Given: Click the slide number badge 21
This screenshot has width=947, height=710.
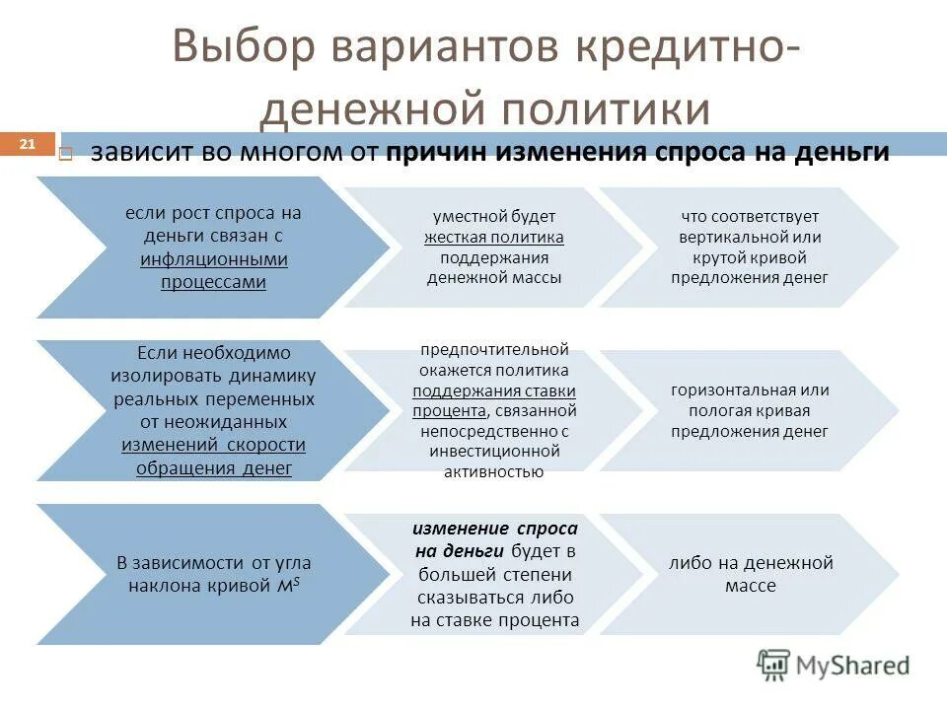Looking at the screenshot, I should (27, 145).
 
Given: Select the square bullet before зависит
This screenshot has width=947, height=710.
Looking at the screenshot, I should (66, 154).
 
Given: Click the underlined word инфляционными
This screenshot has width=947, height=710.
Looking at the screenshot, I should (214, 259).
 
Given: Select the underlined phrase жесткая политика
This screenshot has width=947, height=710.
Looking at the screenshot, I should (494, 237).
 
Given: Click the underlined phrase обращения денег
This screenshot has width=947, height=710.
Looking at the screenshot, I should (214, 467).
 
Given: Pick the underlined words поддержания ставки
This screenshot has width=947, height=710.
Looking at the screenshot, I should (494, 390).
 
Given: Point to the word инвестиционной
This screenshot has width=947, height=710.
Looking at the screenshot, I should (494, 451).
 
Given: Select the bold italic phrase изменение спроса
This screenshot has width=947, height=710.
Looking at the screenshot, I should (494, 529).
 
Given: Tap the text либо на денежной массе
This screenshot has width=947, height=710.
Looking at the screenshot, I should (750, 574).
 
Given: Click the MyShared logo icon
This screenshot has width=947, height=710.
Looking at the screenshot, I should (774, 665).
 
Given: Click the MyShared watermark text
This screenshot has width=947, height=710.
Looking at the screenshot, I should (853, 666).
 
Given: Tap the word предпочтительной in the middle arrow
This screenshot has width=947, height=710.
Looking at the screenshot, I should (494, 349).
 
